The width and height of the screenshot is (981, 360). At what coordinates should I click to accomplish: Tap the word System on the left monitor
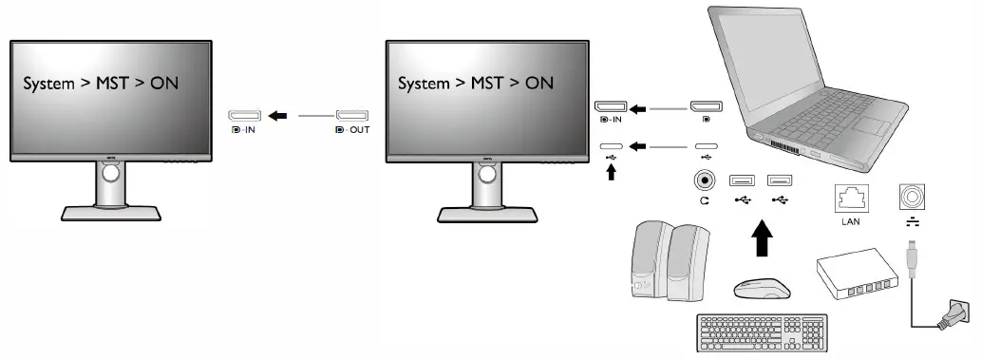click(48, 84)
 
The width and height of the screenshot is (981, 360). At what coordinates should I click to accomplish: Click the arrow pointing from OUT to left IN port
click(278, 116)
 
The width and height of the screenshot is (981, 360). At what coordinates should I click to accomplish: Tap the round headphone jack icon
click(705, 179)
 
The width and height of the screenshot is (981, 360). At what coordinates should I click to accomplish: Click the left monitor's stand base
click(110, 213)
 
